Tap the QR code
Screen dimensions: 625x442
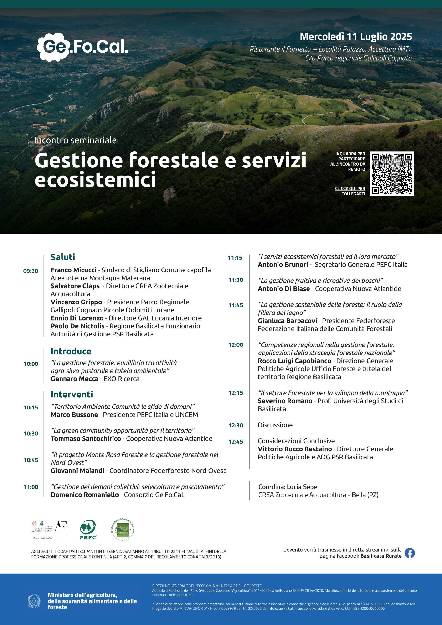[x=392, y=173]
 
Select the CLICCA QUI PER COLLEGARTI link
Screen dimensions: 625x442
[x=350, y=191]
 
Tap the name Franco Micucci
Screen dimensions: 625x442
[x=73, y=270]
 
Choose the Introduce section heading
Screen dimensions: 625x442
[x=71, y=351]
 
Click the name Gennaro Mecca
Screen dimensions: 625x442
[x=74, y=379]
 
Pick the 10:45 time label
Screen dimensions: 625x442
[x=31, y=460]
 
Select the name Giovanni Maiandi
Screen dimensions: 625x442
[x=77, y=470]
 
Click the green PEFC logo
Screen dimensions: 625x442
[x=88, y=530]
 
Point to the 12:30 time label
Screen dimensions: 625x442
[x=236, y=425]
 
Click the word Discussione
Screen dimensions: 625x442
[x=275, y=425]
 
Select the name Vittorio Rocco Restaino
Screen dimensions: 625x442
[x=295, y=449]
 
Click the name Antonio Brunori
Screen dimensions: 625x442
[x=283, y=264]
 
